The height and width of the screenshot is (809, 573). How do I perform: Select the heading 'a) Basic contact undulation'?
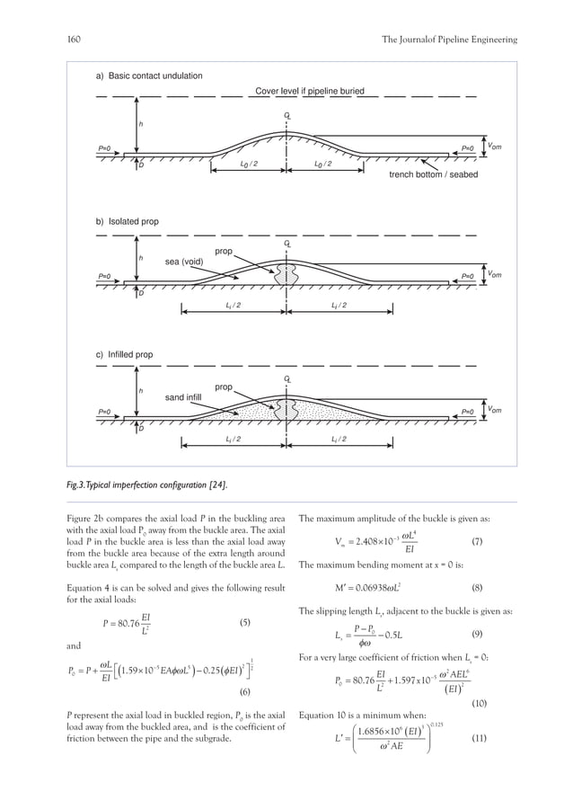[x=149, y=76]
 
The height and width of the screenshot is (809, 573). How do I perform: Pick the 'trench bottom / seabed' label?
[x=427, y=175]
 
